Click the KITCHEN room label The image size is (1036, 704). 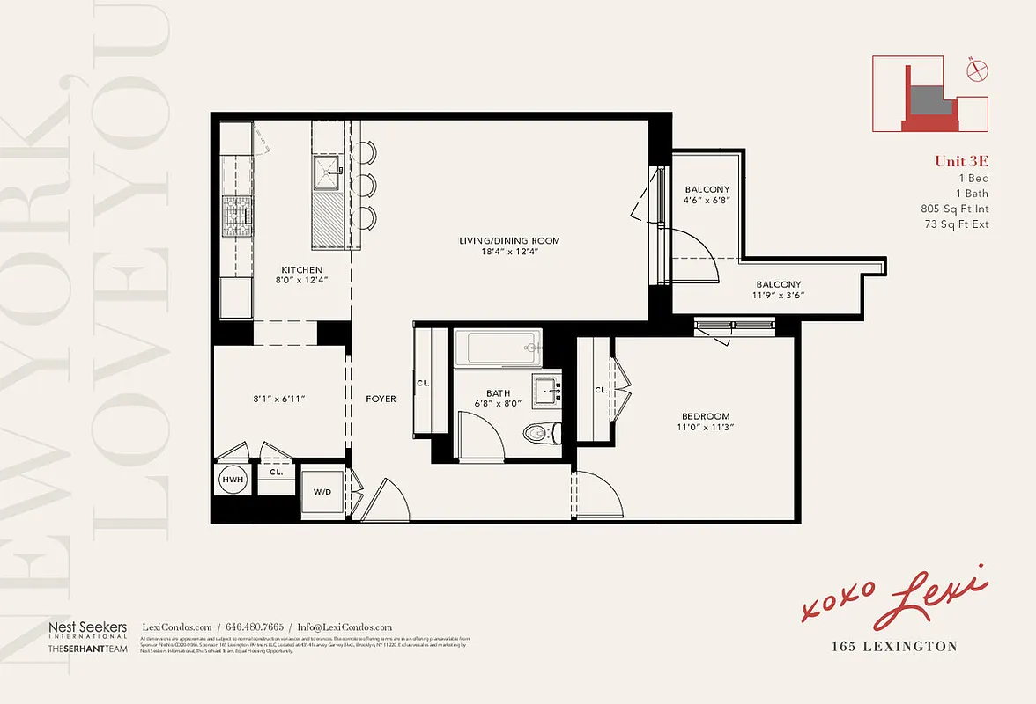click(301, 270)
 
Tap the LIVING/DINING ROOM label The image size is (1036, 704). click(509, 240)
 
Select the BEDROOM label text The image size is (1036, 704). click(705, 416)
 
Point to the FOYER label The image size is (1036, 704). click(381, 399)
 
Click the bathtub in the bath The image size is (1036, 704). click(497, 348)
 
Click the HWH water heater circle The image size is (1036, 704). click(233, 480)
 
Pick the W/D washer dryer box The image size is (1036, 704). click(322, 491)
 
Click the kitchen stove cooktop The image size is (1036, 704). click(236, 212)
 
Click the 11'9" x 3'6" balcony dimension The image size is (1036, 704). click(779, 297)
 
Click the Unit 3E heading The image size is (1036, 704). click(961, 160)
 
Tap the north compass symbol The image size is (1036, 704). click(975, 70)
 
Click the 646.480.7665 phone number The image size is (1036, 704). click(255, 627)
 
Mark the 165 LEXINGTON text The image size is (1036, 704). click(894, 646)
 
